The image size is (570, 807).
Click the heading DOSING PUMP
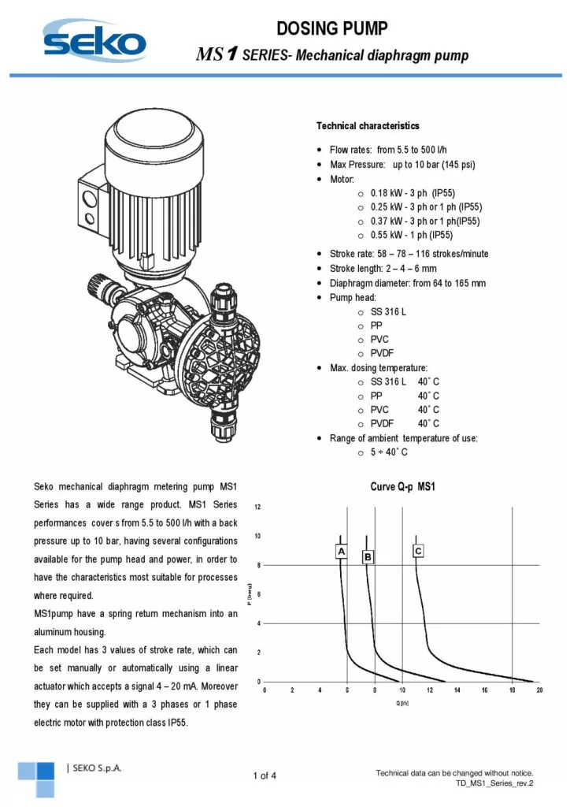tap(332, 29)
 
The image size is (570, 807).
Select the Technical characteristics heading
tap(368, 126)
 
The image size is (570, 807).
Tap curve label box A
tap(341, 552)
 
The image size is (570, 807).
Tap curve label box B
tap(367, 557)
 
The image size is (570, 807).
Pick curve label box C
tap(418, 550)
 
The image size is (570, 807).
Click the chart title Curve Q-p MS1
tap(402, 487)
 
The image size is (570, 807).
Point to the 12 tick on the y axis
tap(257, 506)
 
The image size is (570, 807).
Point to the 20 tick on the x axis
tap(539, 690)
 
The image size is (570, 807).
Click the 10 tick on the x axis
tap(402, 690)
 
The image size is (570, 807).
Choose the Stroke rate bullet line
tap(409, 254)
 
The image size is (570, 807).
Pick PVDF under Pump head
tap(382, 353)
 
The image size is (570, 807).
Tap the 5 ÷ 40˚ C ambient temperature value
tap(389, 452)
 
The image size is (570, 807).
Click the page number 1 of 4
tap(265, 776)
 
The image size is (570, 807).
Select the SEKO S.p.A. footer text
tap(94, 768)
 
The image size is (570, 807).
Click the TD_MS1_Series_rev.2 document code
tap(494, 783)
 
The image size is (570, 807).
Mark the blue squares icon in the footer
tap(37, 779)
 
